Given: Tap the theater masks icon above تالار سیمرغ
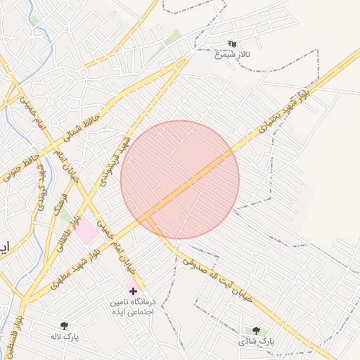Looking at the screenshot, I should [232, 44].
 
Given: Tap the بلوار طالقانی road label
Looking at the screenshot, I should [70, 223].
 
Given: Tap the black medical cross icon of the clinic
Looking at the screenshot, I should [133, 290].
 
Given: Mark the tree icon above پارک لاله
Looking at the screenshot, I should [65, 326].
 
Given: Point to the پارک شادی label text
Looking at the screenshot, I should [255, 341].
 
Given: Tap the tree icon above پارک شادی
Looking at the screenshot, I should [255, 330].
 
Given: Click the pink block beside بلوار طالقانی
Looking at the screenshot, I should [88, 231].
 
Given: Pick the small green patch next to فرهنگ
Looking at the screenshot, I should [65, 214].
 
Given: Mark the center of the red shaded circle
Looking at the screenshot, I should [180, 179].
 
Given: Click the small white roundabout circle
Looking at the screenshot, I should [84, 72].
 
